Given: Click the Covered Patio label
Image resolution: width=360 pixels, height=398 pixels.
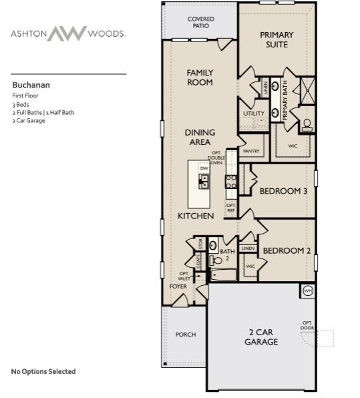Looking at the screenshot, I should (200, 23).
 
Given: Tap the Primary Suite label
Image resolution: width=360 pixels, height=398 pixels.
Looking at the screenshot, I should (273, 39).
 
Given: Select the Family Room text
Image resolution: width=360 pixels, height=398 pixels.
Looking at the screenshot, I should (200, 77).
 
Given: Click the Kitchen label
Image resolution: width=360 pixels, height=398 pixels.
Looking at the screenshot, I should (196, 216).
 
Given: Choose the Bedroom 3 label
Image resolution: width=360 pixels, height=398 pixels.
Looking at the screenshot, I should (283, 191).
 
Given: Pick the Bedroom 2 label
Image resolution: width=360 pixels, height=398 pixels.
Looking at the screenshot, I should (287, 250).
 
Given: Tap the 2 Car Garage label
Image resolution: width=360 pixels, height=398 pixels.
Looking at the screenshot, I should (260, 337).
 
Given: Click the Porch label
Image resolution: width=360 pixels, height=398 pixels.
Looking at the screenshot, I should (185, 335).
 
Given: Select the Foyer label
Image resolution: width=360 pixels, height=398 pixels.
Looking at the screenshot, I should (178, 286).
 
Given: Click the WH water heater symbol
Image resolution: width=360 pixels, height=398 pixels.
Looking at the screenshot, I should (308, 290).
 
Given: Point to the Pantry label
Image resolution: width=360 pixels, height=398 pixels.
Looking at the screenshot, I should (251, 152).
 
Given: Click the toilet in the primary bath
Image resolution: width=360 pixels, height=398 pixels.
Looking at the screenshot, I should (307, 124).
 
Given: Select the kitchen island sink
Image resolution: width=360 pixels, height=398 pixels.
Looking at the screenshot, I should (204, 180).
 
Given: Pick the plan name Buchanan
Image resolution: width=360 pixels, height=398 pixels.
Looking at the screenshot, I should (31, 85).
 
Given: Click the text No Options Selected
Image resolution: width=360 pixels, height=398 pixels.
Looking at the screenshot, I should (43, 371).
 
